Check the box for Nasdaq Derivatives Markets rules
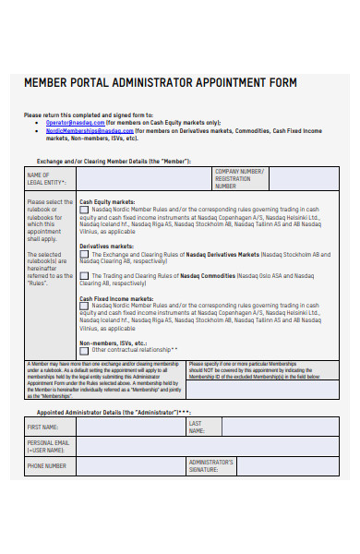pos(85,254)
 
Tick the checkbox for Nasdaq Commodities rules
pos(85,275)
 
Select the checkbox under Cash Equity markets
pos(85,209)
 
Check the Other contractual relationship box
pos(85,350)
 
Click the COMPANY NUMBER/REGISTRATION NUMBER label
pos(239,178)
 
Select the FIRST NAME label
pos(42,428)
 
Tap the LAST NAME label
pos(196,427)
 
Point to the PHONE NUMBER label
pos(46,466)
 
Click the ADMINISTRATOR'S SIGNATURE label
pos(211,466)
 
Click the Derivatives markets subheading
pos(106,247)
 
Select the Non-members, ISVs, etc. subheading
pos(113,343)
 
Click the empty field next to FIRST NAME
pos(130,428)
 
